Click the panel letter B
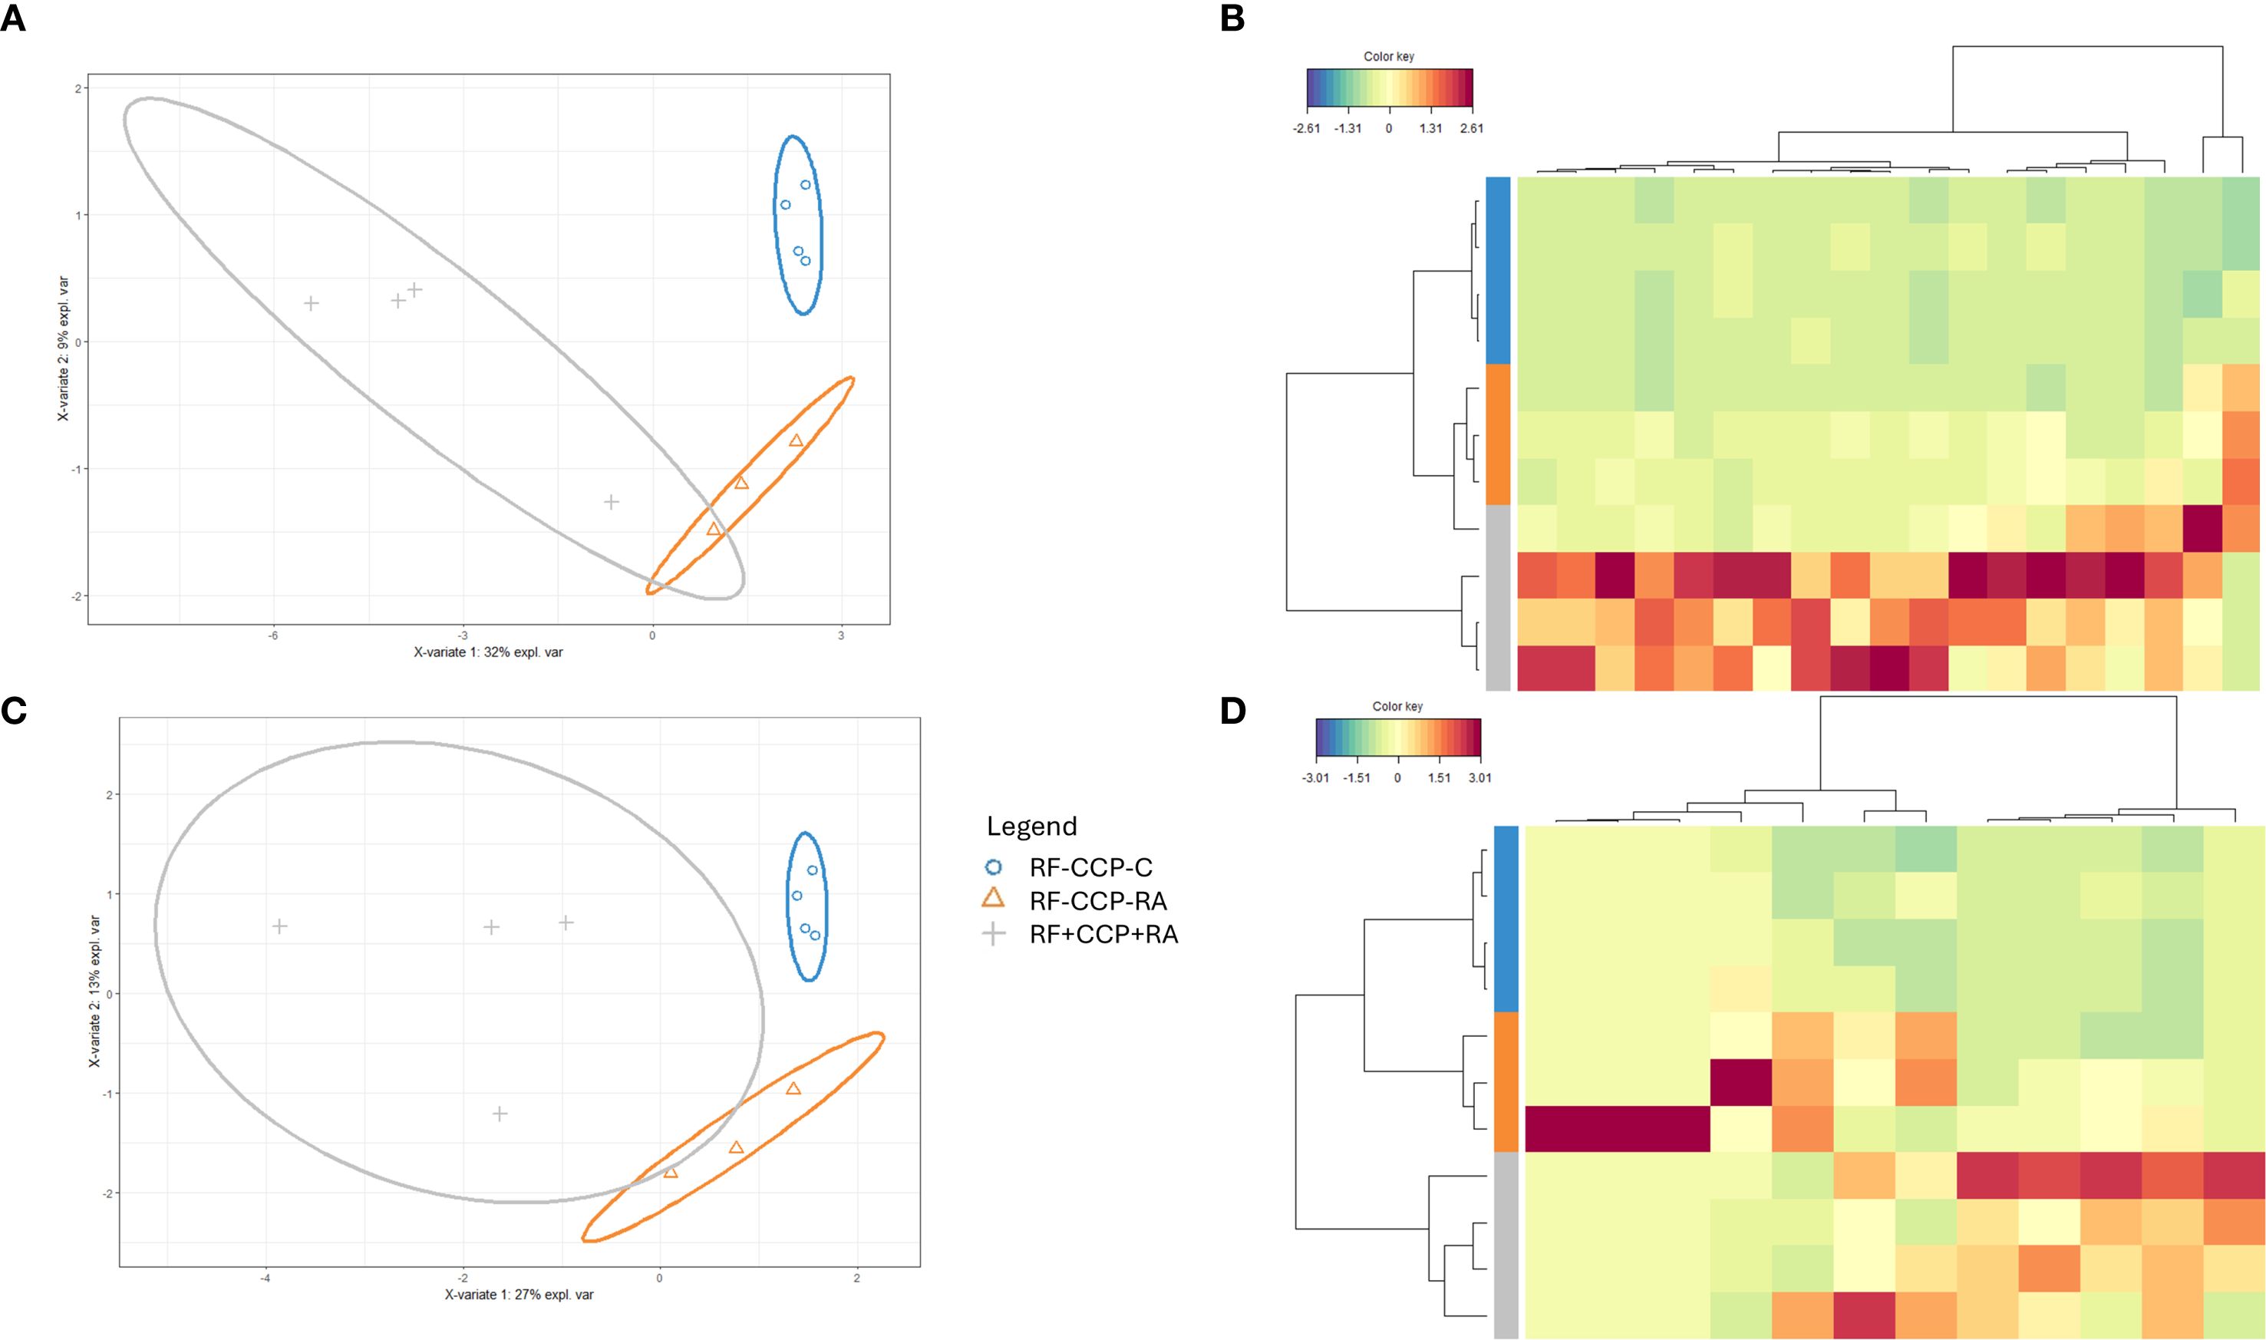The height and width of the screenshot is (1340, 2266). click(1232, 18)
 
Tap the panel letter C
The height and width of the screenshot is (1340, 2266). click(14, 711)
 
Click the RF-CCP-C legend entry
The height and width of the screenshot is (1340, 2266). click(1090, 868)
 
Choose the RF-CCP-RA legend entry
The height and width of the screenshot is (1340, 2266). click(1098, 901)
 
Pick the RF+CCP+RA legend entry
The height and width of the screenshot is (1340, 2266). click(1103, 935)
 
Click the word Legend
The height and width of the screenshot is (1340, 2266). click(1031, 827)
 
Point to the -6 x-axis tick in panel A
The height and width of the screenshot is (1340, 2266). click(272, 635)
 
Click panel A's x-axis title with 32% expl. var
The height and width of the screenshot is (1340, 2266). click(488, 652)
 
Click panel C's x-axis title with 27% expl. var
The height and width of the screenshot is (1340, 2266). click(519, 1295)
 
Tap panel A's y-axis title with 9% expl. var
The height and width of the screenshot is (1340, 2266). click(63, 348)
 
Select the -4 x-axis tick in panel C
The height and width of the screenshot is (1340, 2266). click(266, 1278)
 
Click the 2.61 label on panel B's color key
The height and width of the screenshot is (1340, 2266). click(1472, 128)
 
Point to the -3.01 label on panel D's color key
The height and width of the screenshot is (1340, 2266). click(1315, 777)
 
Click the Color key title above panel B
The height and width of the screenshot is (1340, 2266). click(1388, 56)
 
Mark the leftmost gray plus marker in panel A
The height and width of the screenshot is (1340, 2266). click(311, 303)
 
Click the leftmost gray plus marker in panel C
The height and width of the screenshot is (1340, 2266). click(280, 926)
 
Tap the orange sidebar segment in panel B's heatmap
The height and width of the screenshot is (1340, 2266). click(1498, 434)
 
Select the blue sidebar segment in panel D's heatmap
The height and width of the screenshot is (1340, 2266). click(1506, 919)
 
